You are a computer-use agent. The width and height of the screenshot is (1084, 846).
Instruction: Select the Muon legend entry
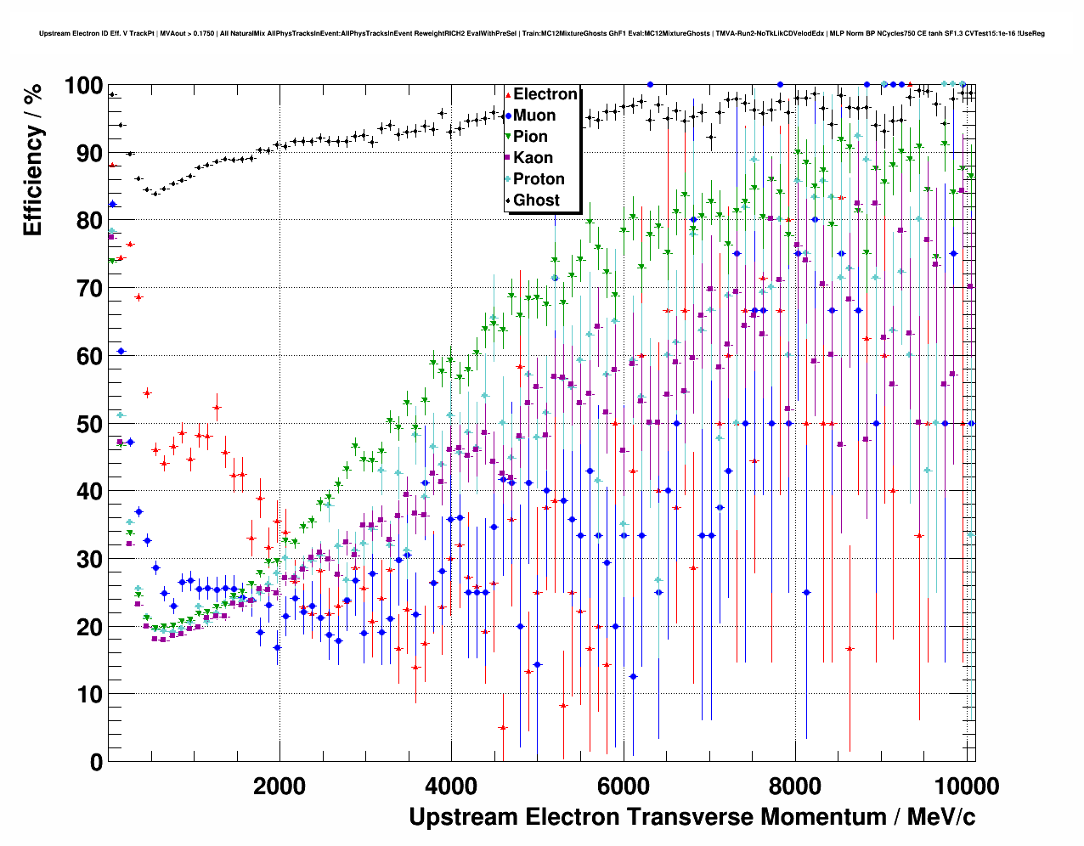pos(534,116)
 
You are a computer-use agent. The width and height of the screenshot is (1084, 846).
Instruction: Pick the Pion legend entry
pos(530,137)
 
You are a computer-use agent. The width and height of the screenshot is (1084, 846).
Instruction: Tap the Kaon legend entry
pos(533,158)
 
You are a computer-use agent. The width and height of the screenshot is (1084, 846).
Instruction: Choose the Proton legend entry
pos(539,179)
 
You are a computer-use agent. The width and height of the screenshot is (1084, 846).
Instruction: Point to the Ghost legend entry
pos(536,200)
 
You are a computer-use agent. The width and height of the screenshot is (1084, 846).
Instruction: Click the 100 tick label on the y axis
pos(83,86)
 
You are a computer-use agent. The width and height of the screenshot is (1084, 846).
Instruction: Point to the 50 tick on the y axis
pos(90,424)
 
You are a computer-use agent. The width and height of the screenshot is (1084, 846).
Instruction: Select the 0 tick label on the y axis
pos(96,762)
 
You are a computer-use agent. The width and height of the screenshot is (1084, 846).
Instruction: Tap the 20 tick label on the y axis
pos(90,627)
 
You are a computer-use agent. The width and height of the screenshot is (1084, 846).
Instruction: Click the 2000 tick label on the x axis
pos(279,786)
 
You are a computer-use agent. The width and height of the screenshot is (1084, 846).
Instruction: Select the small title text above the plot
pos(542,34)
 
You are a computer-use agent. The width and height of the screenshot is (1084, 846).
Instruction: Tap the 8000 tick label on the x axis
pos(795,786)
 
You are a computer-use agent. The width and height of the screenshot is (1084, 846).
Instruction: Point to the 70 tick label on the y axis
pos(90,289)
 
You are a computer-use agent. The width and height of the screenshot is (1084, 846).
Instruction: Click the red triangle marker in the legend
pos(507,95)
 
